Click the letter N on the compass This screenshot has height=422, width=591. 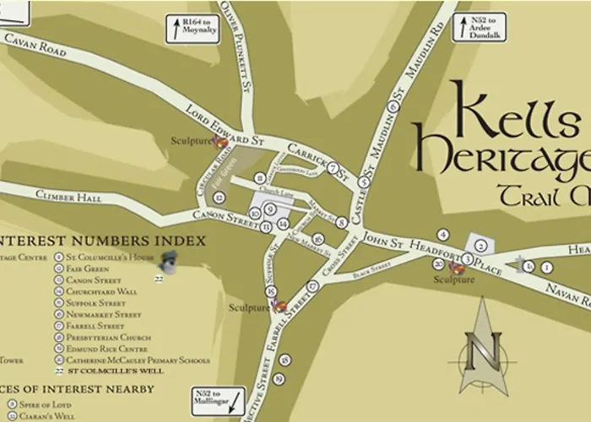point(489,345)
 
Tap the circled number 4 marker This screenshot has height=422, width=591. point(441,233)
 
